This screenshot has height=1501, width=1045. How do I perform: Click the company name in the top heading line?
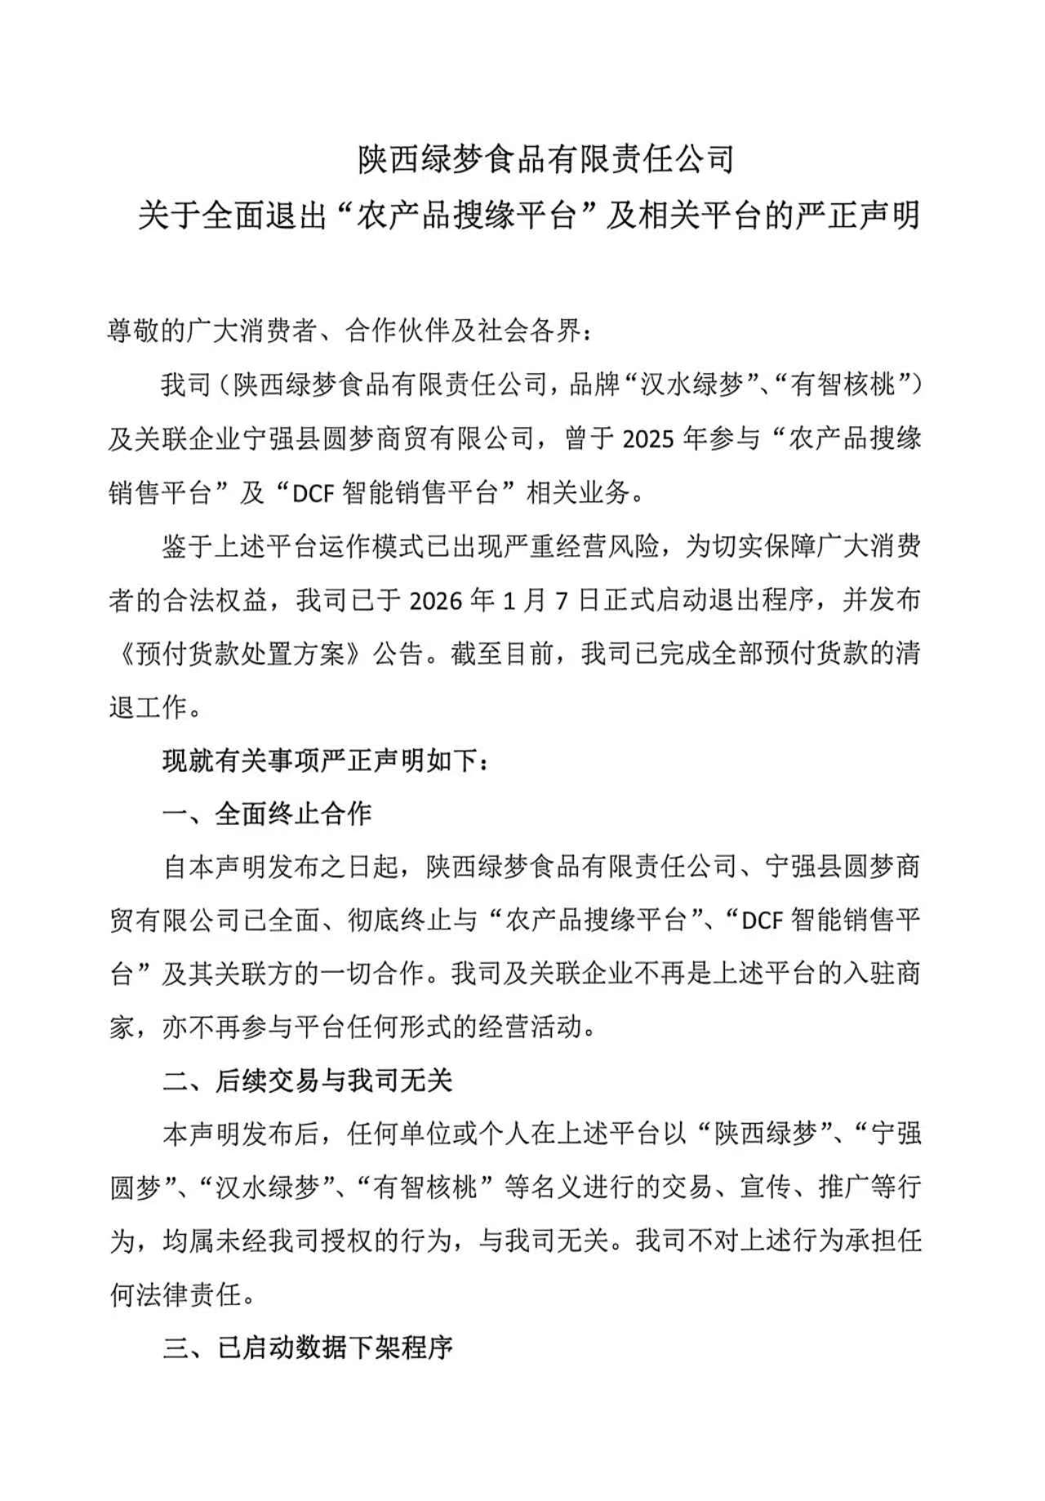tap(546, 158)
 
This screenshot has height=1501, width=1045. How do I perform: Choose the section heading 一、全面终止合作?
tap(268, 813)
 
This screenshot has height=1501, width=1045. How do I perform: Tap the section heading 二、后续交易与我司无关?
tap(307, 1081)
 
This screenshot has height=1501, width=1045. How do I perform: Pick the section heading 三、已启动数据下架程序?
tap(307, 1348)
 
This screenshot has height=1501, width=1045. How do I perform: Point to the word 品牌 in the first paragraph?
tap(595, 385)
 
